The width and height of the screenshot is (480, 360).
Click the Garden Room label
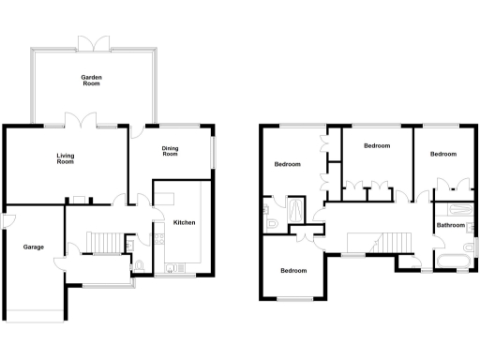point(91,80)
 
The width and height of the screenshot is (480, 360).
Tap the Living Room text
point(65,159)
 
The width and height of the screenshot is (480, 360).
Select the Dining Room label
point(170,150)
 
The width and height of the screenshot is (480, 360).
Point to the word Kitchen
point(184,222)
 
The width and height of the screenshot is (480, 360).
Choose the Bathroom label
point(451,225)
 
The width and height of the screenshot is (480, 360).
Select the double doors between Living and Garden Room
point(81,120)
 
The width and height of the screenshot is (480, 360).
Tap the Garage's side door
point(6,221)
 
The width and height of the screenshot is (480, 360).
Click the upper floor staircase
point(382,244)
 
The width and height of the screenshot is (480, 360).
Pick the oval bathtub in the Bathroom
point(451,256)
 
